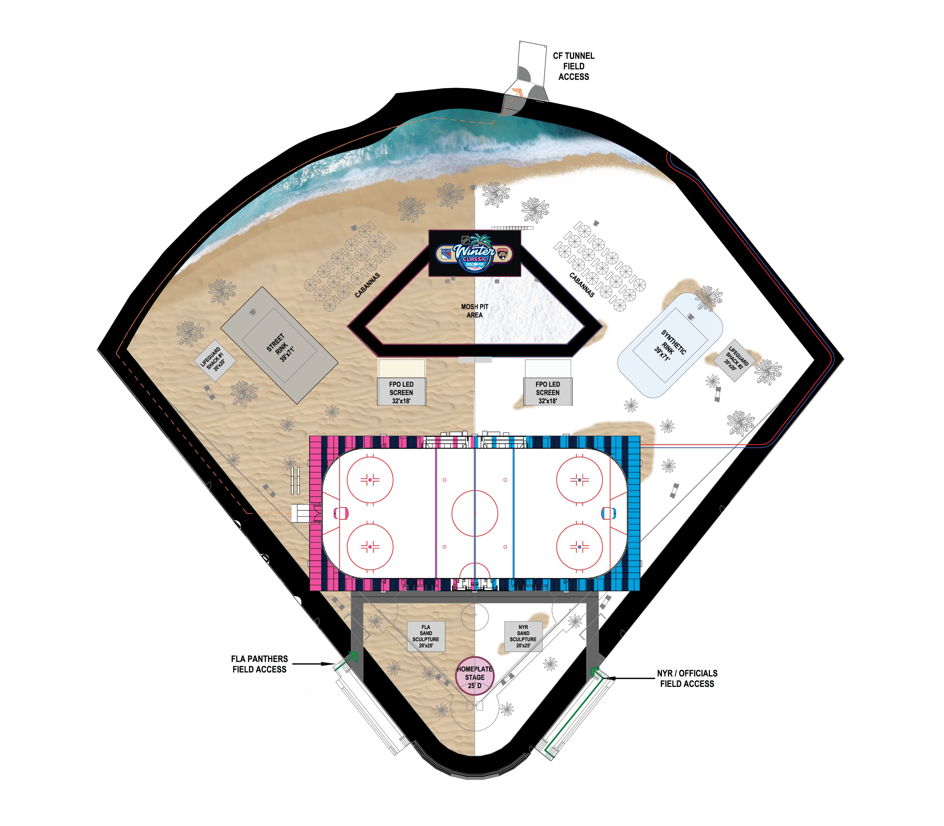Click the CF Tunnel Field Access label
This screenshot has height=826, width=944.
click(573, 66)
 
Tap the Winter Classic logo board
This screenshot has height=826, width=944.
click(474, 253)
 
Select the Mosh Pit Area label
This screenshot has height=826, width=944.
click(474, 311)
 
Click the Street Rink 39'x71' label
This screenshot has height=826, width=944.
click(280, 348)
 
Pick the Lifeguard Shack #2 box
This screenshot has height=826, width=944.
click(737, 360)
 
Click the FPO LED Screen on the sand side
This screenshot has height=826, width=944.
click(401, 392)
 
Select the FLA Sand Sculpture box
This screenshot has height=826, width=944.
click(426, 636)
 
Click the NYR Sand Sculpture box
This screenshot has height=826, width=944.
click(523, 636)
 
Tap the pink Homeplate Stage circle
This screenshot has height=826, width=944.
click(474, 677)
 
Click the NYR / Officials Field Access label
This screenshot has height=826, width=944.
click(687, 679)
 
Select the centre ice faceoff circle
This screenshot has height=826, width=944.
click(474, 513)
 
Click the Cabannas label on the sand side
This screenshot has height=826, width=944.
click(368, 285)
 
